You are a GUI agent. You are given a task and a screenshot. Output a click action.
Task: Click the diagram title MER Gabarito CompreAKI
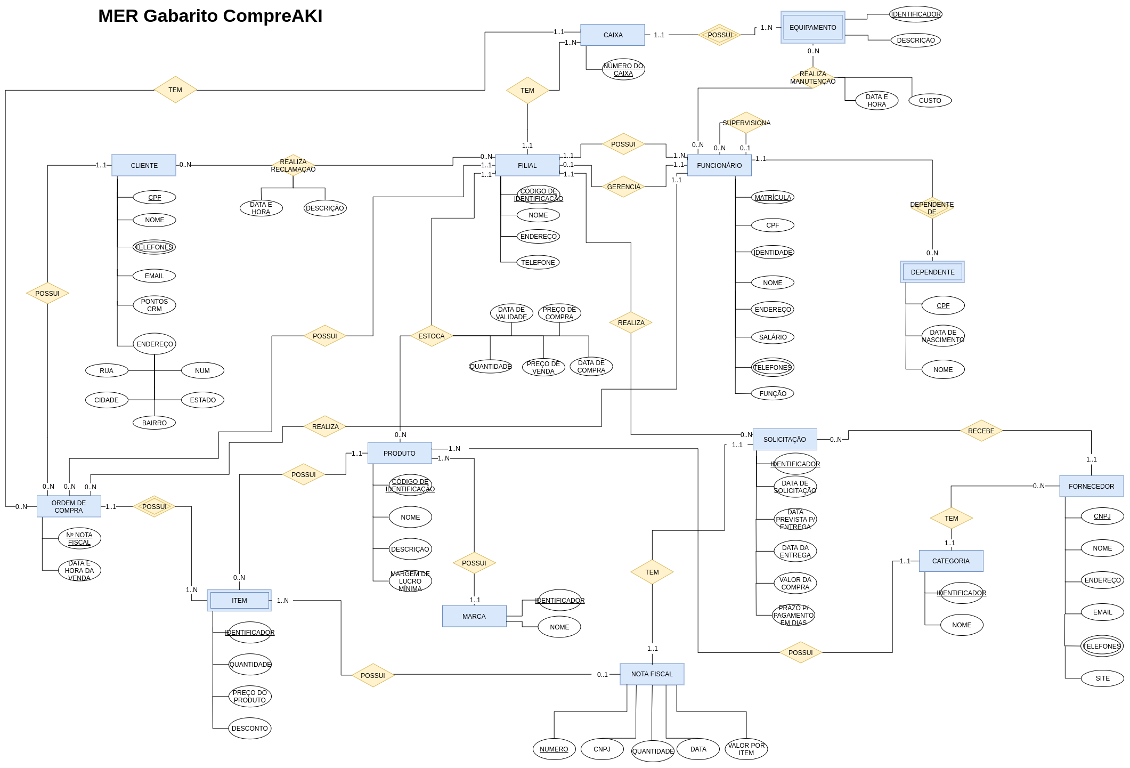[210, 16]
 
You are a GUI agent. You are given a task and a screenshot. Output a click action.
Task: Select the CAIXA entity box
[613, 35]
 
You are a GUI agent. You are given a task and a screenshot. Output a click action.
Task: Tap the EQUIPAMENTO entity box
[813, 27]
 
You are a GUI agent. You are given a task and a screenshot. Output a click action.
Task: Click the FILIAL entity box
[527, 165]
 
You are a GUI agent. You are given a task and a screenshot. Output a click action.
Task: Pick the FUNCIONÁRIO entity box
[719, 165]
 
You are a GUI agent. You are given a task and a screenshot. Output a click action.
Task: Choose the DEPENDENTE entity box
[932, 272]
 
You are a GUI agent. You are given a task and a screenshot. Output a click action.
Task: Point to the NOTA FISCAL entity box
[652, 674]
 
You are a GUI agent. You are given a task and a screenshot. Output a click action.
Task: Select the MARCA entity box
[474, 616]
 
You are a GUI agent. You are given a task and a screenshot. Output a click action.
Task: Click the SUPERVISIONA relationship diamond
[746, 123]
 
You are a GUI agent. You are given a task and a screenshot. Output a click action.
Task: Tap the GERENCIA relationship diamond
[623, 187]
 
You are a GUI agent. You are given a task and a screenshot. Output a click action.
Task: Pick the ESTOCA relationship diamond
[432, 336]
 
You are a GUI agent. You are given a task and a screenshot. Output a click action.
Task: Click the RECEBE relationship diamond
[981, 431]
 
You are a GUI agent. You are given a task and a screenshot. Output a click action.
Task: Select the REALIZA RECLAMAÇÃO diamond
[293, 165]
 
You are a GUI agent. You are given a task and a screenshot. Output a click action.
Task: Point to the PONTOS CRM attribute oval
[155, 305]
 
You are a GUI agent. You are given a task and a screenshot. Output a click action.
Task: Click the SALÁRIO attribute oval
[773, 337]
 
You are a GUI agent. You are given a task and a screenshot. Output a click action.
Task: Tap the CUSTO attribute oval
[930, 100]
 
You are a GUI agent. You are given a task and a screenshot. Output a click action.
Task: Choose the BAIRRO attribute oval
[155, 423]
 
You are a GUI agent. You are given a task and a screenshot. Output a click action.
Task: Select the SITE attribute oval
[1102, 678]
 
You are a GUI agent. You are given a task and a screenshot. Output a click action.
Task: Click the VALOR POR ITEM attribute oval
[746, 749]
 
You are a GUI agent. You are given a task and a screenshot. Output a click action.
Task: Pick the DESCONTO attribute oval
[250, 728]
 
